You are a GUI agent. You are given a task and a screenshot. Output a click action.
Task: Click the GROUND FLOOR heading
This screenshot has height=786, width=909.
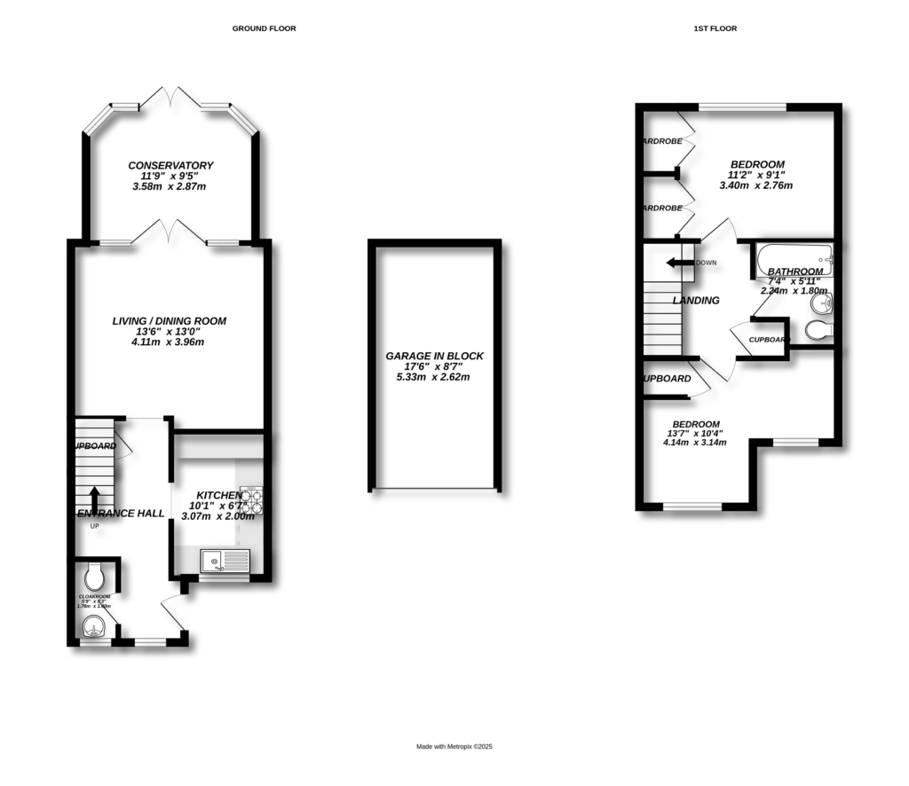264,28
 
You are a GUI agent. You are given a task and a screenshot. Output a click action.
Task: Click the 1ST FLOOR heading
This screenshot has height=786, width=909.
715,28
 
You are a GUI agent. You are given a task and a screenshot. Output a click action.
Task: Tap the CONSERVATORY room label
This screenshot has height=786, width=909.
170,166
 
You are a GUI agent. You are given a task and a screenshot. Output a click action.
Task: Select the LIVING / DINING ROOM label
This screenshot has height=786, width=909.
169,321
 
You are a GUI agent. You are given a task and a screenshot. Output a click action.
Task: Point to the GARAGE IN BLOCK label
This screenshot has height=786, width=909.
434,356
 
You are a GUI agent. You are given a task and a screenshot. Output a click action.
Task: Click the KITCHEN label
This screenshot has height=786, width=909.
218,495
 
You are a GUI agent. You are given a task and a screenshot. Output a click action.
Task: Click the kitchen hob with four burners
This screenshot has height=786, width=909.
252,501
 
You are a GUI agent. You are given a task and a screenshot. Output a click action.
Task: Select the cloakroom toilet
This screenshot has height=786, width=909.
96,570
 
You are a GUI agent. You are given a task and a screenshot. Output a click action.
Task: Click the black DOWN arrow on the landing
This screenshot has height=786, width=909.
679,263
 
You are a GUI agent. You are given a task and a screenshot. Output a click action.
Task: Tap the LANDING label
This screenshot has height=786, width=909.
696,301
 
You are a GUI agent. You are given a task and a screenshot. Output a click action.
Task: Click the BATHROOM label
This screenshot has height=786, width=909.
795,271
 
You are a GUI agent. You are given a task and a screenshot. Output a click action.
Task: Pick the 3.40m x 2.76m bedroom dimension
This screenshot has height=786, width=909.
756,186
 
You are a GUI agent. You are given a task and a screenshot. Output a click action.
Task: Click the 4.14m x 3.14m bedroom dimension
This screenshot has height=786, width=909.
695,442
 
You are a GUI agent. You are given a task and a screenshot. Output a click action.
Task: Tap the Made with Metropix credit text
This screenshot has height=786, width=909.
454,747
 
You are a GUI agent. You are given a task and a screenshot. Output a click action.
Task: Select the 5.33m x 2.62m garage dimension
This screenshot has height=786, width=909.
433,377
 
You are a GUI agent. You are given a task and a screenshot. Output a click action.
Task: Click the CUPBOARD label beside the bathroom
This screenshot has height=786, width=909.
769,340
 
